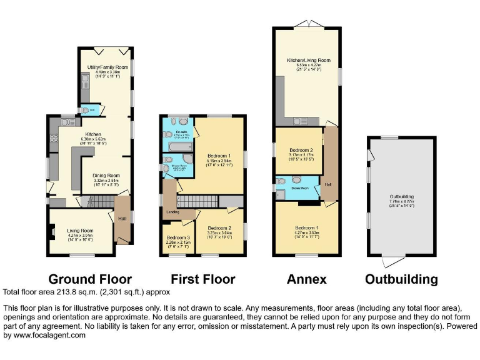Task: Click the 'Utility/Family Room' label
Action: click(x=103, y=67)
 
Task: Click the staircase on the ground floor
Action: click(x=99, y=201)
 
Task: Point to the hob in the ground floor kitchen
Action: click(x=54, y=139)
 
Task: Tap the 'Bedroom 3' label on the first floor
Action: click(x=177, y=237)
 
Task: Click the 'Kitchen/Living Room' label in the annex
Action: click(x=308, y=61)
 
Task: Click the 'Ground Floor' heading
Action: click(x=90, y=279)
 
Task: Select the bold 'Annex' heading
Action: click(x=306, y=279)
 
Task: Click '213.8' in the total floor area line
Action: click(x=63, y=292)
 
